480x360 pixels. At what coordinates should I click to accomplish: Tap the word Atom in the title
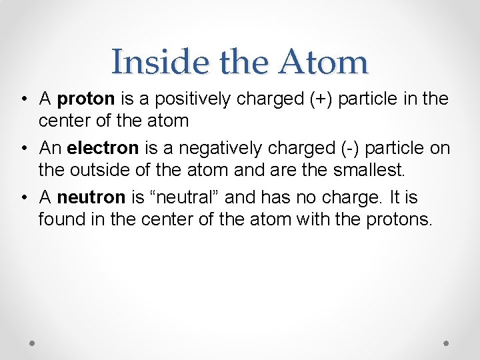tap(323, 62)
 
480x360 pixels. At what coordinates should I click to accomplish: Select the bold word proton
tap(87, 100)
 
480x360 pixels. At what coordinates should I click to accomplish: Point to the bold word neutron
tap(91, 197)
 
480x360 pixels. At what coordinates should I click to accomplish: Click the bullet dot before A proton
tap(23, 100)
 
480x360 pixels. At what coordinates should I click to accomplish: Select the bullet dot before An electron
tap(23, 148)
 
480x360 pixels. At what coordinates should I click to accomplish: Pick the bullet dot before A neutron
tap(23, 197)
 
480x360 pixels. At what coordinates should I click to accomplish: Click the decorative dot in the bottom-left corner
tap(32, 343)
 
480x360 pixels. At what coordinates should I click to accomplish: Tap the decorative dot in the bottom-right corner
tap(446, 343)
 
